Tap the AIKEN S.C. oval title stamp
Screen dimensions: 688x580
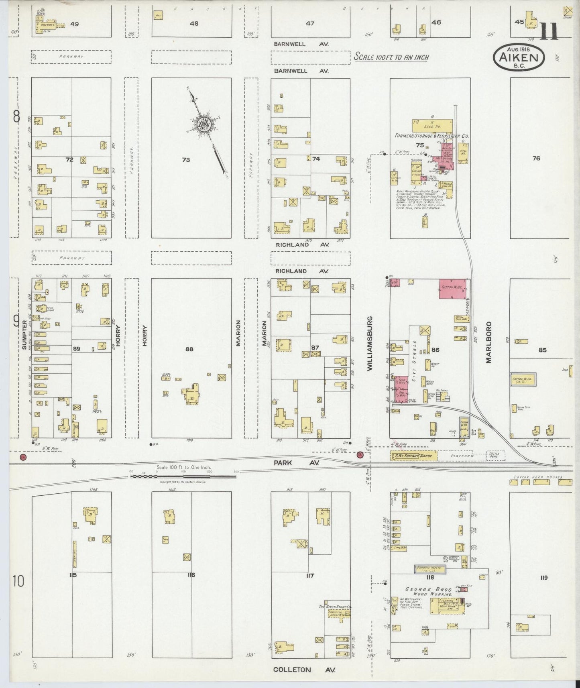518,57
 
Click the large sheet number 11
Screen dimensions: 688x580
549,31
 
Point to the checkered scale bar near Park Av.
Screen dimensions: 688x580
183,476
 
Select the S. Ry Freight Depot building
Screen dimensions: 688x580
413,456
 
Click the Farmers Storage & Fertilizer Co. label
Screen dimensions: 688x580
431,136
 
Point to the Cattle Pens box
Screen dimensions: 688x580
495,456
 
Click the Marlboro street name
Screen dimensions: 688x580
488,342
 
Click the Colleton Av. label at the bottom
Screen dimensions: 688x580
304,670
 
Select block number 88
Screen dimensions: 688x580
189,349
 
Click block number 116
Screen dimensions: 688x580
191,575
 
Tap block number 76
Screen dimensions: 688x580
536,158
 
